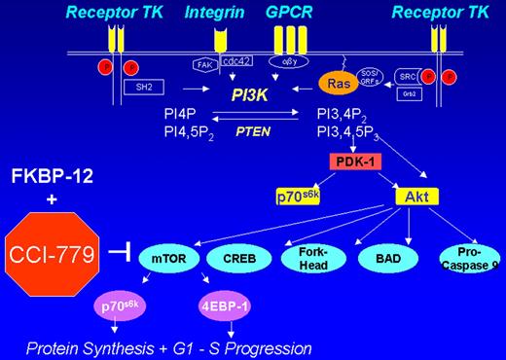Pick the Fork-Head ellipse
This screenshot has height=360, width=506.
313,258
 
